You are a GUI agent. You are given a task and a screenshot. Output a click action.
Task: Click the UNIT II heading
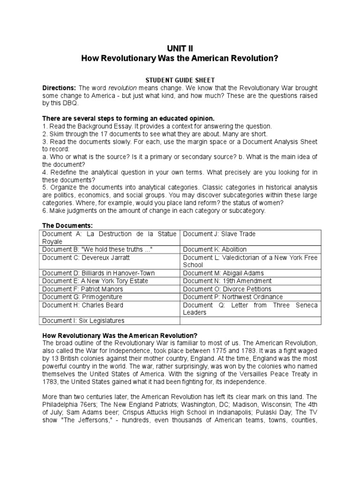(180, 48)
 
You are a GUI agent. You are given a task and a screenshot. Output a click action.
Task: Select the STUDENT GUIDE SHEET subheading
(180, 80)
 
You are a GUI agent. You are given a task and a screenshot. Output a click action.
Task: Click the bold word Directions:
(59, 88)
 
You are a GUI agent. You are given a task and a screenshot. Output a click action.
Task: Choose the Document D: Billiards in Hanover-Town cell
(98, 273)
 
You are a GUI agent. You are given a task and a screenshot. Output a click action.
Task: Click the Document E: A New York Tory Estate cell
(95, 281)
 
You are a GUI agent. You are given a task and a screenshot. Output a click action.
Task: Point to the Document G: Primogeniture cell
(82, 297)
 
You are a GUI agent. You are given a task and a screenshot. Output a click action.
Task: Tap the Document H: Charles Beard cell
(83, 305)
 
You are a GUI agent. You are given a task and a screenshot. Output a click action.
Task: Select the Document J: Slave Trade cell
(219, 234)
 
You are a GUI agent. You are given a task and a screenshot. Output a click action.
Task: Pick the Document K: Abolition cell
(215, 249)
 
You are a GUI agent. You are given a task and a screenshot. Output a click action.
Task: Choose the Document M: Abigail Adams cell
(224, 273)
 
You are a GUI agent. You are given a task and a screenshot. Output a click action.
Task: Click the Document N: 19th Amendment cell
(227, 281)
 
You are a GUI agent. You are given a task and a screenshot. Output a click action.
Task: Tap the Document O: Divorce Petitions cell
(227, 289)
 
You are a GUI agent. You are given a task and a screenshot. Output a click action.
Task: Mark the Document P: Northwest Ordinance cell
(233, 297)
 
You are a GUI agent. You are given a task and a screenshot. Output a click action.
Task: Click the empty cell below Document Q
(251, 321)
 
